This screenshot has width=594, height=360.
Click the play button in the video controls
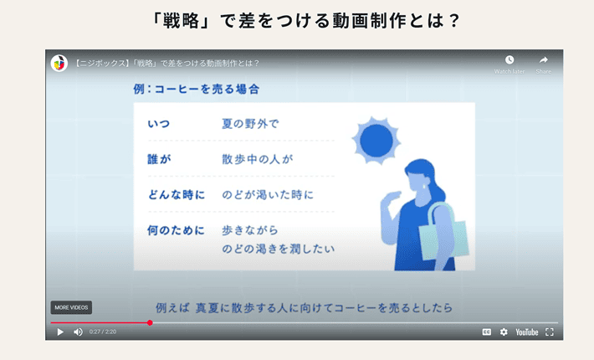(x=59, y=332)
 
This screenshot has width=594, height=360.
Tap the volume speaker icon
(x=78, y=332)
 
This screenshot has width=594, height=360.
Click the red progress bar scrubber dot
(x=150, y=322)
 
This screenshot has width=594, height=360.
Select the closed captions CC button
(x=486, y=332)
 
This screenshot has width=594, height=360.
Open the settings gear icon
(x=504, y=332)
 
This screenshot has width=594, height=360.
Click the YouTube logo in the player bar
(x=527, y=332)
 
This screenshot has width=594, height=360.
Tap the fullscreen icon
(x=550, y=332)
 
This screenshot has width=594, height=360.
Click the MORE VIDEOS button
(x=71, y=307)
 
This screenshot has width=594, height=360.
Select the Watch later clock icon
(x=510, y=60)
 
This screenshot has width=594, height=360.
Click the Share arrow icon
(x=544, y=60)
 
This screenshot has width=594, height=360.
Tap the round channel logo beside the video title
(x=59, y=63)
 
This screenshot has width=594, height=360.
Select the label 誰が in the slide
(x=158, y=159)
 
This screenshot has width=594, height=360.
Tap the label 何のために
(x=176, y=230)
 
